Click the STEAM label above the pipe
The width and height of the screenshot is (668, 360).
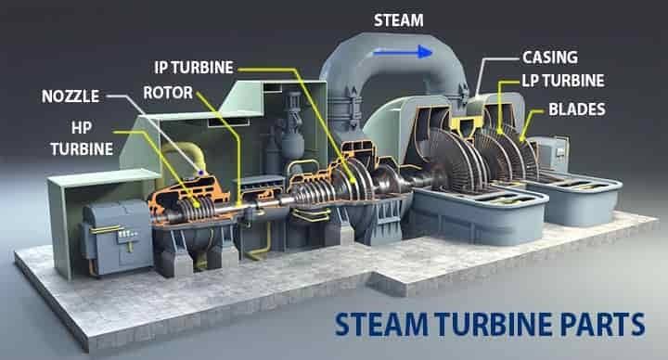click(x=398, y=20)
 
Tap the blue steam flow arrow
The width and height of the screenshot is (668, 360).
click(x=403, y=52)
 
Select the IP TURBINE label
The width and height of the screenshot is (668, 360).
click(x=194, y=68)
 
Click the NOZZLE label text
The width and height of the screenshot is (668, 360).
click(x=71, y=96)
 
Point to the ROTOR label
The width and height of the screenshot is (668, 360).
click(x=168, y=93)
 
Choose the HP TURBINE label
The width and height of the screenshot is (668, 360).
click(x=82, y=138)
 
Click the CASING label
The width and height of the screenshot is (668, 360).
click(x=550, y=58)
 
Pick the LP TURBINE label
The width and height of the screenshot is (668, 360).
click(x=563, y=81)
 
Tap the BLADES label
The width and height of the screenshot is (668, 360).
click(x=577, y=109)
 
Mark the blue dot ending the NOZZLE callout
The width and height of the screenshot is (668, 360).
click(x=200, y=173)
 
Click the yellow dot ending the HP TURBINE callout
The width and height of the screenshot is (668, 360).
click(x=197, y=204)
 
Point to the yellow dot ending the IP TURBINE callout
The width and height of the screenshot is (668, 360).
click(x=353, y=181)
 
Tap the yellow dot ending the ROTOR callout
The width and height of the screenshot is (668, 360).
click(x=239, y=203)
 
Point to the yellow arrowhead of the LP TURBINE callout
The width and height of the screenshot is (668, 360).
click(x=500, y=131)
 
